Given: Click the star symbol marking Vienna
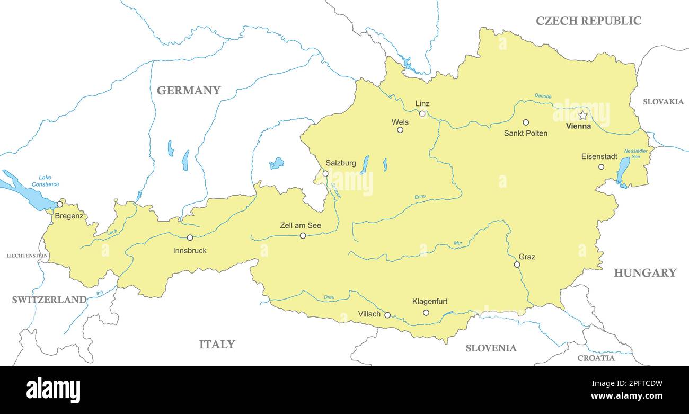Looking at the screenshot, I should (x=582, y=116).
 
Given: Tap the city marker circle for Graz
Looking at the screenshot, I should (x=517, y=265).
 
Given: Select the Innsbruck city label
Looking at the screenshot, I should (x=190, y=250).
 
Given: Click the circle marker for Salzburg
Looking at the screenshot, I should (x=325, y=173).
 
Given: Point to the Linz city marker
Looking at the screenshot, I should (x=422, y=113).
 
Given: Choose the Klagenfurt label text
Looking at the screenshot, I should (x=429, y=302).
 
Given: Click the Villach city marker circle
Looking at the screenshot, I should (x=387, y=315).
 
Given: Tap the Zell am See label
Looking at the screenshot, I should (x=300, y=226).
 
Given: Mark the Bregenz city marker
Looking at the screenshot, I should (x=60, y=204).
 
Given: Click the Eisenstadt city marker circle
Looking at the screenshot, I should (x=601, y=166).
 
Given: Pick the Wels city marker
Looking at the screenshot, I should (x=400, y=130).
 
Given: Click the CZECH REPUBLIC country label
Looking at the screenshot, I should (x=588, y=21).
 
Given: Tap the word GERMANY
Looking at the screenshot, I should (x=189, y=90).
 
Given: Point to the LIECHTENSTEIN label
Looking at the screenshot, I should (x=27, y=256).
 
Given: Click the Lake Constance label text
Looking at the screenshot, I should (x=46, y=181).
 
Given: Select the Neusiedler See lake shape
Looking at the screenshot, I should (x=623, y=171).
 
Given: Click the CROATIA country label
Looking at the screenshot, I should (x=596, y=358).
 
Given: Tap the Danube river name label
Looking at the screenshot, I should (x=543, y=96).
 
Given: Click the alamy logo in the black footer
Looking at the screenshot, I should (x=54, y=390).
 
